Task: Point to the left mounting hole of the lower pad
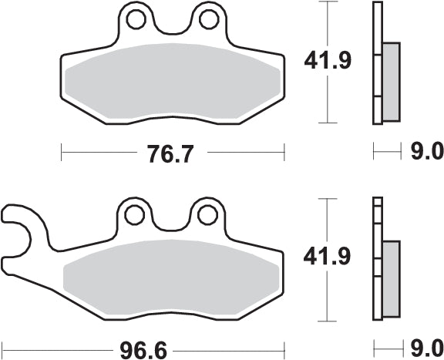[134, 212]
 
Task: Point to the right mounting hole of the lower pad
[207, 212]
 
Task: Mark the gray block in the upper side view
[391, 81]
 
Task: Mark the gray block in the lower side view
[391, 278]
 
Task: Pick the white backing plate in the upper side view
[377, 62]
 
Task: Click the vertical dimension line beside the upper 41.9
[329, 100]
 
